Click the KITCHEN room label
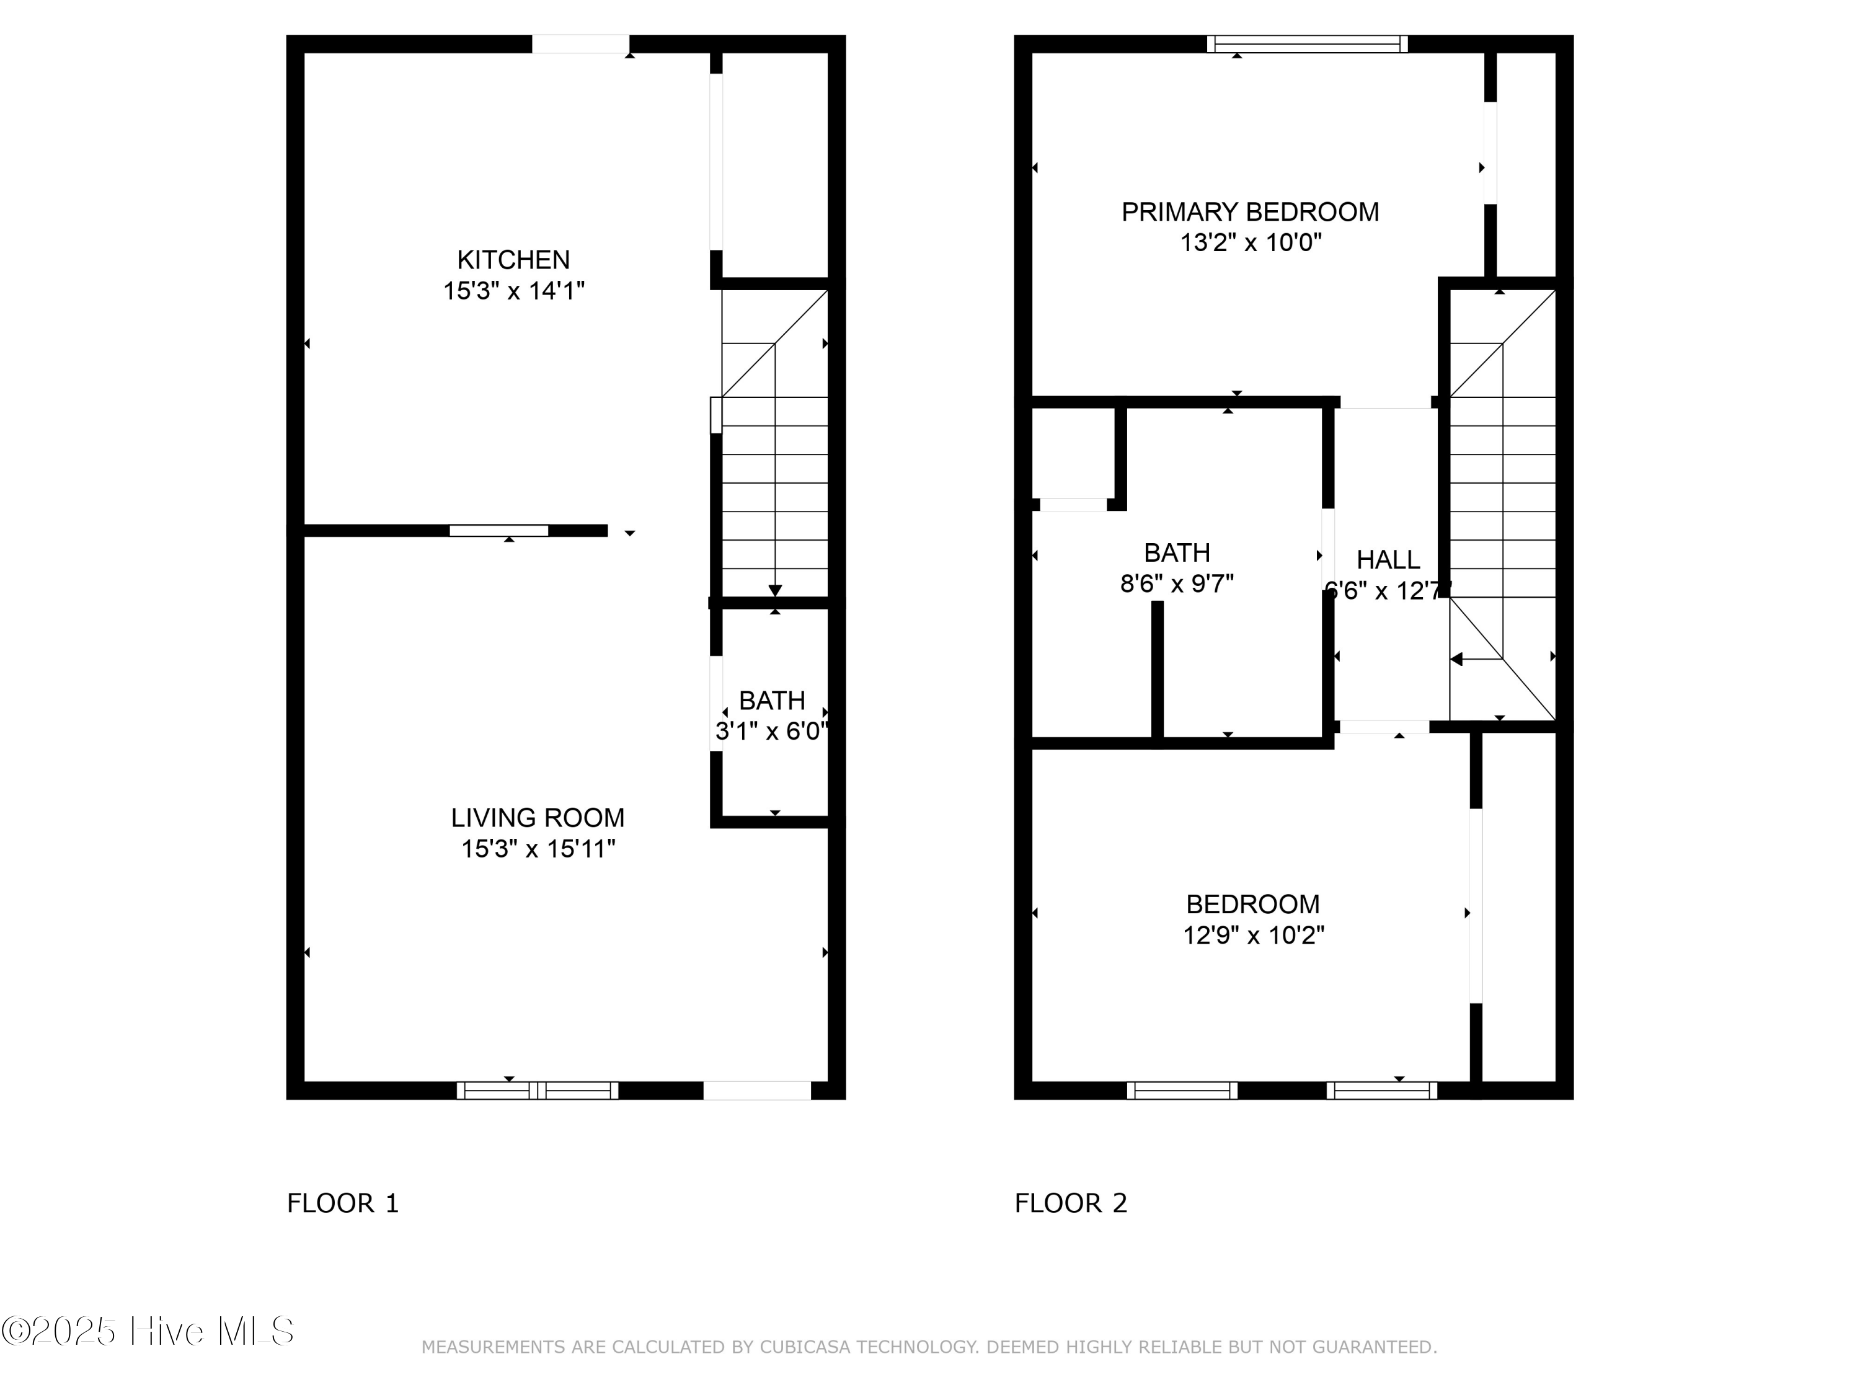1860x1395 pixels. tap(513, 259)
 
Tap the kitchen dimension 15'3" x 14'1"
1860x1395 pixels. tap(513, 291)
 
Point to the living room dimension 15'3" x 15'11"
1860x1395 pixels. tap(538, 849)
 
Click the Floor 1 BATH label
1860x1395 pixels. tap(771, 701)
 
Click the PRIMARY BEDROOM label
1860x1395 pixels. tap(1249, 212)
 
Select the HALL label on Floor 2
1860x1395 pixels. tap(1388, 559)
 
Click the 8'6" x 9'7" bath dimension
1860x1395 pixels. tap(1176, 583)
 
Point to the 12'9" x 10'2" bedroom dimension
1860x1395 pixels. tap(1253, 935)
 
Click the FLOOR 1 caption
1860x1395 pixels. tap(342, 1203)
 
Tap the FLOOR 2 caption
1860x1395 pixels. tap(1070, 1203)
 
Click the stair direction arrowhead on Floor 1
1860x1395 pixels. tap(774, 590)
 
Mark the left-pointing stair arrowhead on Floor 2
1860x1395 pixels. tap(1456, 659)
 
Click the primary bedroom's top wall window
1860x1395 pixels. tap(1307, 44)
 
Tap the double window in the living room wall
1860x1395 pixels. tap(538, 1091)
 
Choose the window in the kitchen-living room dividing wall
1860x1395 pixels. tap(498, 531)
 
